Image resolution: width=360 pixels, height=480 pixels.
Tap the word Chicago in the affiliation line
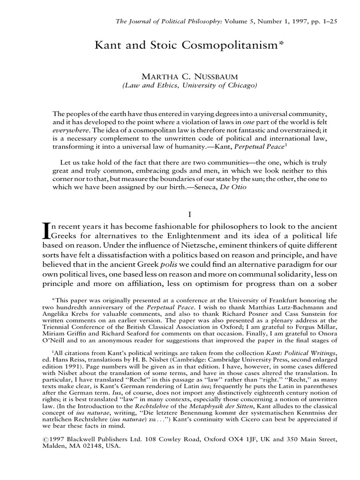click(x=227, y=85)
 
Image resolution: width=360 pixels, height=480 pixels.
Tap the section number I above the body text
click(x=190, y=214)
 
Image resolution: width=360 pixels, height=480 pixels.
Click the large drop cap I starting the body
click(x=46, y=231)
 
